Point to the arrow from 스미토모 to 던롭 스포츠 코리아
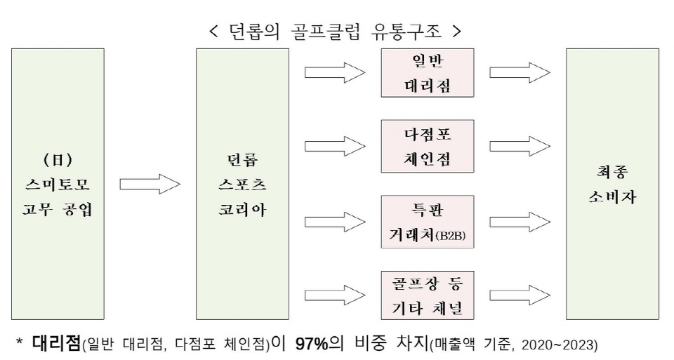[x=150, y=185]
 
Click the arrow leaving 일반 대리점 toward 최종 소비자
[x=520, y=72]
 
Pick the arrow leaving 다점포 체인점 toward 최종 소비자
[x=520, y=146]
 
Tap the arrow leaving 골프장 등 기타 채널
[x=520, y=295]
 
